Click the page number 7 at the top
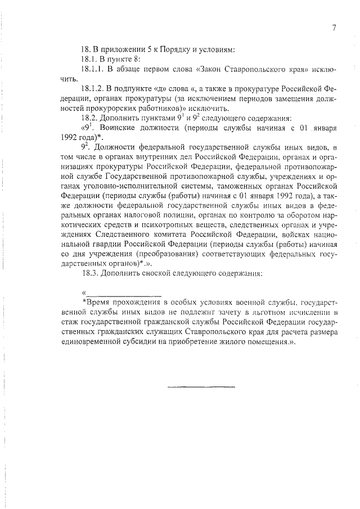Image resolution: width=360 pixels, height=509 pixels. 334,28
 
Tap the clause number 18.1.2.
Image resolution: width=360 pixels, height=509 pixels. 94,89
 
